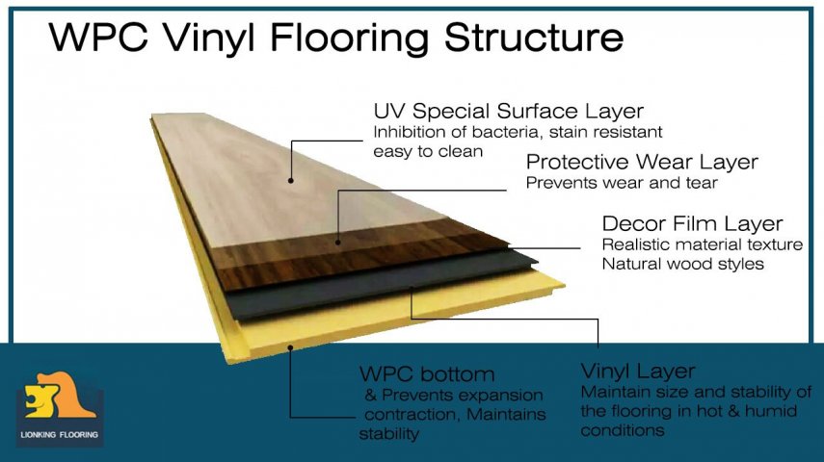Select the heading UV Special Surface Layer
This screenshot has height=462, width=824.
508,111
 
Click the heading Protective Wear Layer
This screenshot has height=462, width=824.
642,162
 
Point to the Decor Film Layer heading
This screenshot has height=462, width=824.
692,223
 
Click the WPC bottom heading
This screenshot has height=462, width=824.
426,373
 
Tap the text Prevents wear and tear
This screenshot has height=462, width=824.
622,183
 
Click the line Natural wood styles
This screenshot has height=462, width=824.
682,263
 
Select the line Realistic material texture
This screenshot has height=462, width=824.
702,244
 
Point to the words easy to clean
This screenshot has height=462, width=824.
428,151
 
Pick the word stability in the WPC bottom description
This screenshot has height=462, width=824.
388,434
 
